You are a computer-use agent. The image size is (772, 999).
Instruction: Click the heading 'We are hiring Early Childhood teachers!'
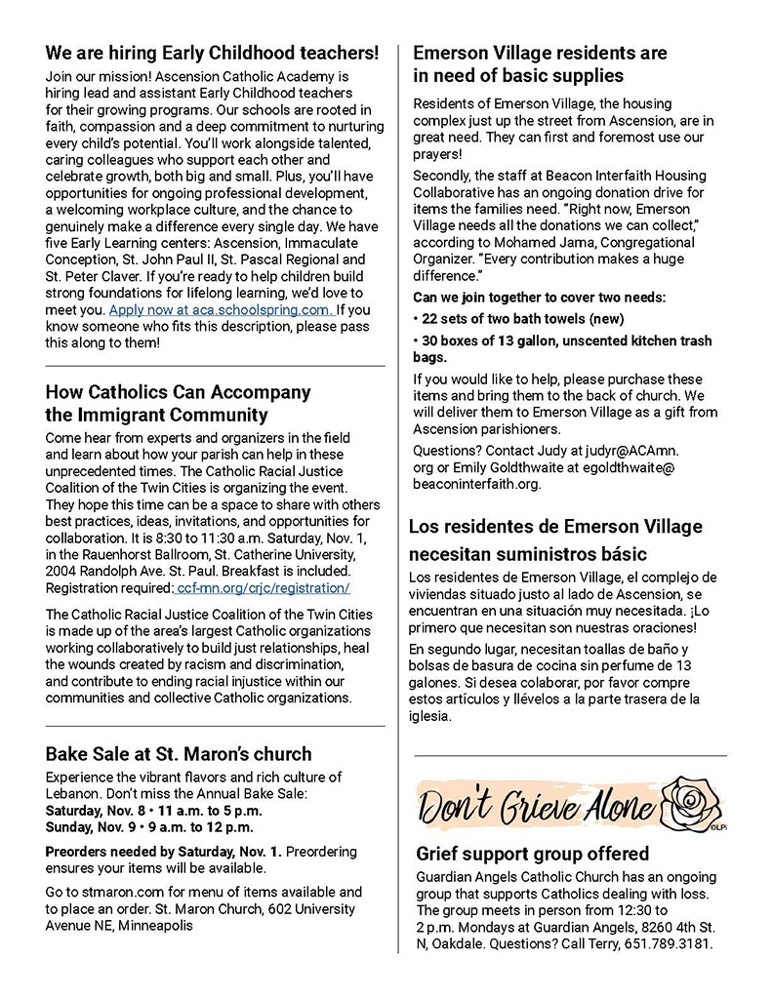(212, 53)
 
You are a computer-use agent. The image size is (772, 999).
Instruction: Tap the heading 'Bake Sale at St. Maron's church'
(179, 753)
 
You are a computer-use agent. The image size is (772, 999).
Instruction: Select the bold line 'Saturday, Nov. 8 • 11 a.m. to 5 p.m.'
(153, 810)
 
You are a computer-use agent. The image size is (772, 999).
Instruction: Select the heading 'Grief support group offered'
(532, 854)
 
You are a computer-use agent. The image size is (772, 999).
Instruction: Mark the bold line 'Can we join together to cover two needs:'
(553, 297)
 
